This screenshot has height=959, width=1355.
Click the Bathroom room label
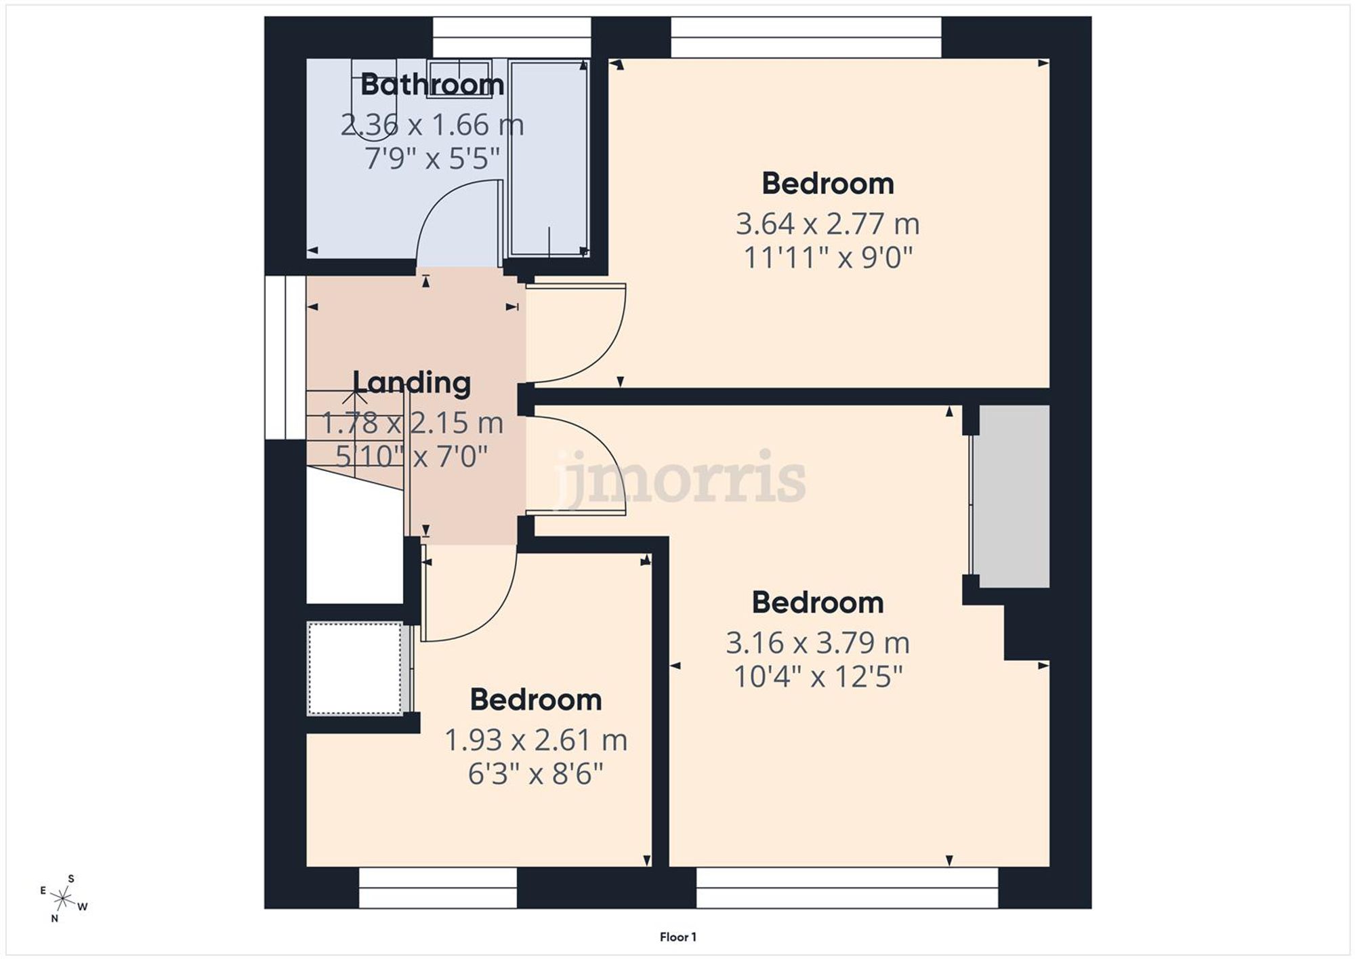432,85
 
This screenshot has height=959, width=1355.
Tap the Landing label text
411,383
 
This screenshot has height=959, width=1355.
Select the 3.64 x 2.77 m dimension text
827,224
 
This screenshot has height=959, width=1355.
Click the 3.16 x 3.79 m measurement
818,642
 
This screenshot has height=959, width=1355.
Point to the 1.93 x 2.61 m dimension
535,740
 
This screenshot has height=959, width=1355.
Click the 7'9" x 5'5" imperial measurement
432,159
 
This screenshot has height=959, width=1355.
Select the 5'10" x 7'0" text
411,456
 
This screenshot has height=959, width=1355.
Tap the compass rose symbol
63,899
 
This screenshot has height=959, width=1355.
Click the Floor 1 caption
677,937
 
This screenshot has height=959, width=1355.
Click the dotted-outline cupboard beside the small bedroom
355,668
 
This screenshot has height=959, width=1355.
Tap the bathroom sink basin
459,78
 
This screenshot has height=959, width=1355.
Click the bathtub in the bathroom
549,157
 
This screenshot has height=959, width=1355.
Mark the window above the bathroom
512,37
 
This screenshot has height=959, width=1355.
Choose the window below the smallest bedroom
438,888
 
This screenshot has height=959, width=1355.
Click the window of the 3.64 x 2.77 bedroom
806,37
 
